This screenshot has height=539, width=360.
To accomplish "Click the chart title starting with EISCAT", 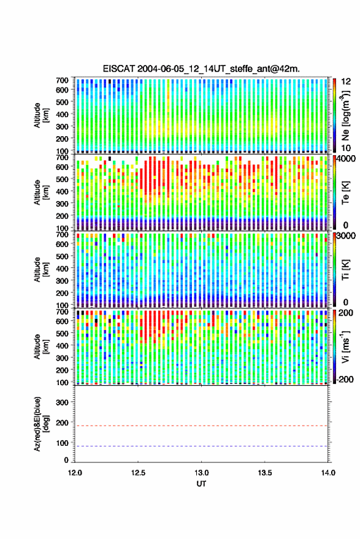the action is (201, 69).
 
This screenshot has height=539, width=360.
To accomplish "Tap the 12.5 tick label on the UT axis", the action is (138, 473).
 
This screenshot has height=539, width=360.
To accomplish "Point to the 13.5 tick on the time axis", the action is (264, 473).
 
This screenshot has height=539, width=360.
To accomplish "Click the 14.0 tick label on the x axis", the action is (328, 473).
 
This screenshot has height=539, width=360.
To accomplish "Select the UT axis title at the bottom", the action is (201, 484).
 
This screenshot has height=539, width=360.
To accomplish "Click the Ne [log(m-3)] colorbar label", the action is (345, 115).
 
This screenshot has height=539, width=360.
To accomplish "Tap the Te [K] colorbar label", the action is (345, 193).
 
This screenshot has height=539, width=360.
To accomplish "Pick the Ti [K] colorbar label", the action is (345, 270).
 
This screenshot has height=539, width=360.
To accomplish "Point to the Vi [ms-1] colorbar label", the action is (345, 346).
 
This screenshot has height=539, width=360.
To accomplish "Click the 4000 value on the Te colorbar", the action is (345, 159).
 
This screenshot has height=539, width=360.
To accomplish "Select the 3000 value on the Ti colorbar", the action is (345, 236).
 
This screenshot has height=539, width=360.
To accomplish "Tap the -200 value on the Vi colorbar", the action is (345, 380).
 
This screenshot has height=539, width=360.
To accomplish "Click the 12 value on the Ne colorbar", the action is (346, 82).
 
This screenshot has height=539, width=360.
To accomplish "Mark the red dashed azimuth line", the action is (201, 426).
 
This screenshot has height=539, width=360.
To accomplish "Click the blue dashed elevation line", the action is (201, 446).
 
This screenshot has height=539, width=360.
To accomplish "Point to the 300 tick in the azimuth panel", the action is (62, 402).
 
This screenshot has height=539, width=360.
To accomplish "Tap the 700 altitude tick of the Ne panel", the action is (62, 80).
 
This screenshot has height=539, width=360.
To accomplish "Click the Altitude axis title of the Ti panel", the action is (41, 270).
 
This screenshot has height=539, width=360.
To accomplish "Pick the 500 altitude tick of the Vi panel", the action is (62, 333).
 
